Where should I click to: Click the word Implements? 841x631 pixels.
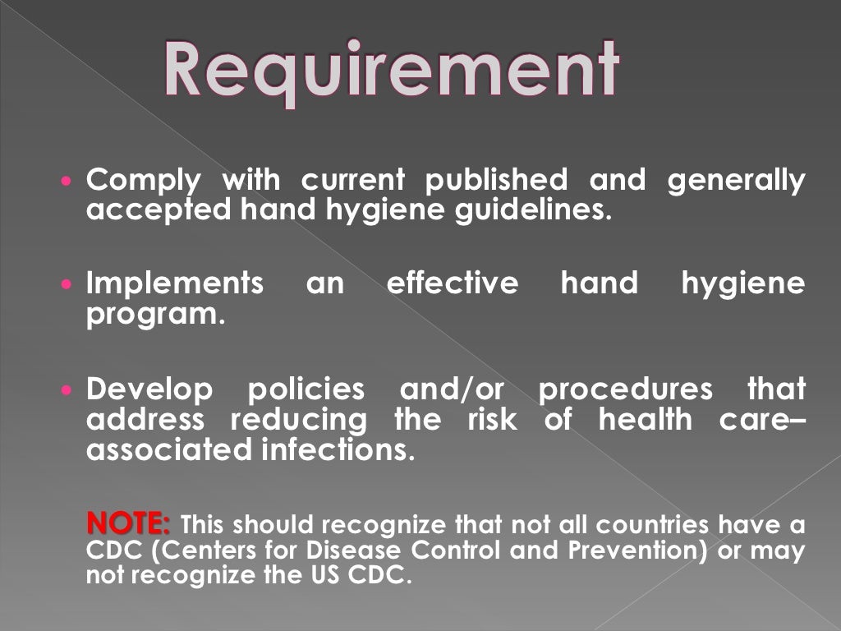point(175,284)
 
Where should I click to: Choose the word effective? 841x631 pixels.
point(453,283)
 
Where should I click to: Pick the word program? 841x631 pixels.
point(155,315)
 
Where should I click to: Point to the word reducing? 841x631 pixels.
point(299,419)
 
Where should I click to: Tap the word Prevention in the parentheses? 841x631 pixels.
point(630,550)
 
